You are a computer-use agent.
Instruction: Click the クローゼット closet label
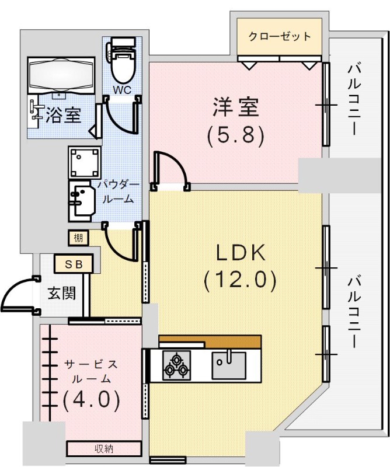pos(280,37)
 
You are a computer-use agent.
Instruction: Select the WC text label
pos(122,90)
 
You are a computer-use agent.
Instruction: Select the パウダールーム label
pos(118,191)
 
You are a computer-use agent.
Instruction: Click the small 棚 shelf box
pos(78,238)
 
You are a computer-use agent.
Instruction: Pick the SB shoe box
pos(73,264)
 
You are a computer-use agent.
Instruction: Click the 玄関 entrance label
pos(61,293)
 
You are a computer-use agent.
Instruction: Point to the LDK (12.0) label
pos(240,267)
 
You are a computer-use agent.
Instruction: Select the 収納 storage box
pos(103,448)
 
